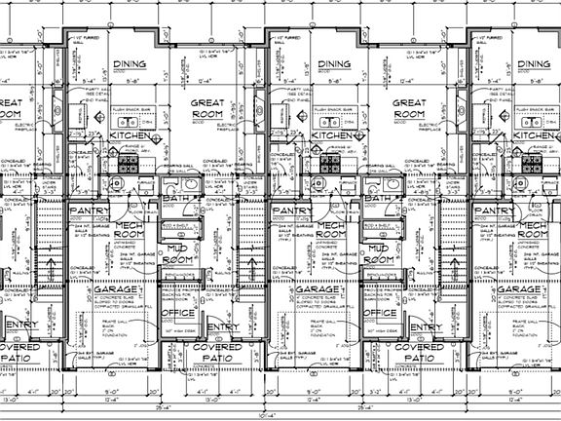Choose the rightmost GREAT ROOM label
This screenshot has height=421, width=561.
pos(414,107)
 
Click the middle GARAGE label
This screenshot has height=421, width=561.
pos(318,291)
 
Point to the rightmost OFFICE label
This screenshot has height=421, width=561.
pos(377,314)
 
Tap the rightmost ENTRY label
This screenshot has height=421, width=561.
pos(419,327)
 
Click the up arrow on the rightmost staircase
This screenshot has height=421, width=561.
pos(451,263)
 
